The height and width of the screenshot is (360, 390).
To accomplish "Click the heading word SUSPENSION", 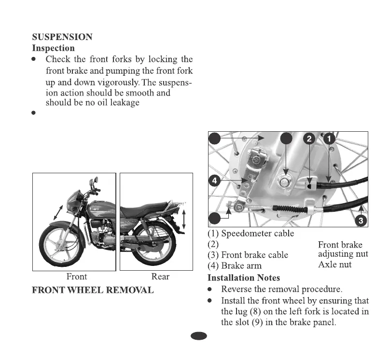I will pos(62,37).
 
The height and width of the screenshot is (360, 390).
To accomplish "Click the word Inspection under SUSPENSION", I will pos(53,48).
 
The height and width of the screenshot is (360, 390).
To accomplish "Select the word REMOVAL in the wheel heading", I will pos(131,290).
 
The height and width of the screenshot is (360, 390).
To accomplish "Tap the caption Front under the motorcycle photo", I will pos(77,277).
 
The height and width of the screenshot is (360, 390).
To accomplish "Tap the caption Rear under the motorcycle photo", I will pos(160,277).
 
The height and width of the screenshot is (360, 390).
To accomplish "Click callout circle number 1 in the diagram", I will pos(329,139).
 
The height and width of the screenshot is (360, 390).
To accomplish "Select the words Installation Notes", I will pos(243,278).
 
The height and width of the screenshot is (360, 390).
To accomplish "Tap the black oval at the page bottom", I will pos(198,336).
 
